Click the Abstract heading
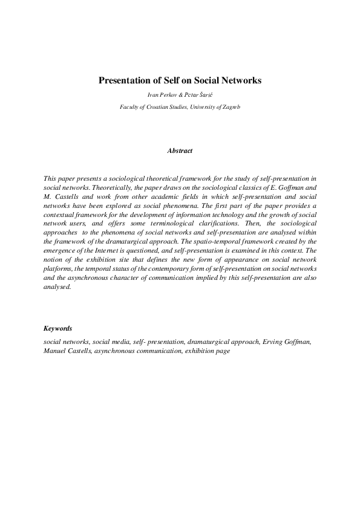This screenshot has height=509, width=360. click(x=180, y=151)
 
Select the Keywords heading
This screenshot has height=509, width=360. click(x=58, y=329)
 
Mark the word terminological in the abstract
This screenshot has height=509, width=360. click(x=168, y=222)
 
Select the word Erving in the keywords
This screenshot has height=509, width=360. click(x=274, y=342)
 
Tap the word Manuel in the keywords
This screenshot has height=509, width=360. click(x=55, y=350)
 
